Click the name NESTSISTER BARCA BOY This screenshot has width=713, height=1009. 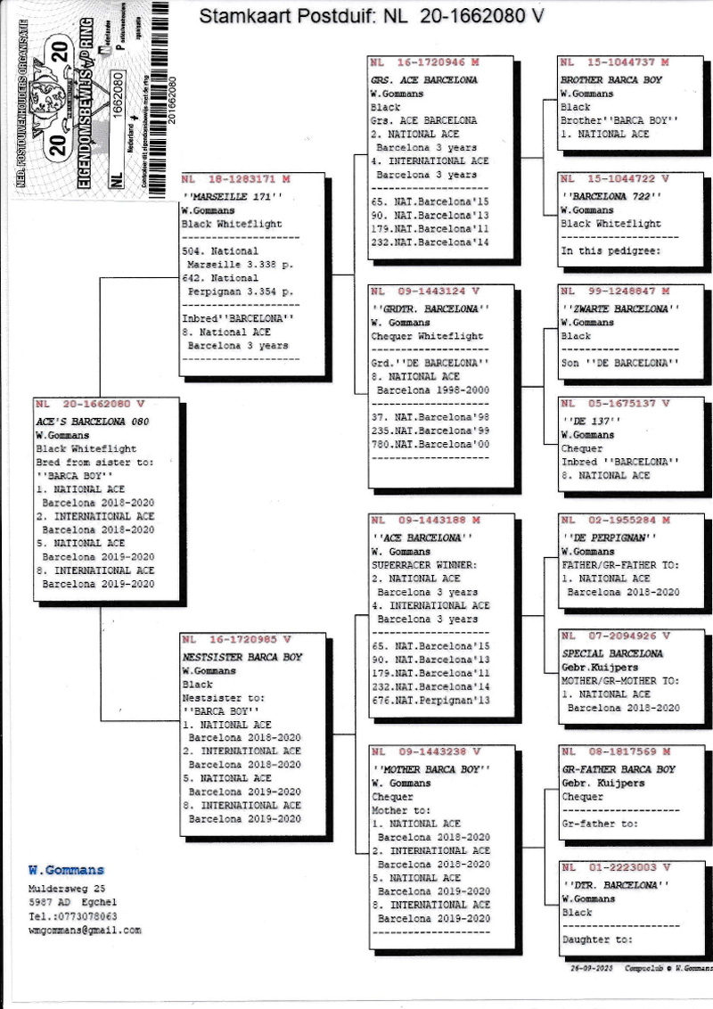tap(242, 657)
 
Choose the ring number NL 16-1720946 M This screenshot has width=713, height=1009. tap(425, 64)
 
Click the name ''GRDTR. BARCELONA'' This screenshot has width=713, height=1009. tap(430, 308)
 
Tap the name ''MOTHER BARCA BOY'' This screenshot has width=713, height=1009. tap(430, 768)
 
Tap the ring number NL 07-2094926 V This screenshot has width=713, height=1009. tap(615, 636)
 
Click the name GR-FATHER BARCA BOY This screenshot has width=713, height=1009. tap(619, 768)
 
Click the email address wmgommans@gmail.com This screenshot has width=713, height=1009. tap(85, 930)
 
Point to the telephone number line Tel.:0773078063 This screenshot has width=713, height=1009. tap(72, 915)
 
